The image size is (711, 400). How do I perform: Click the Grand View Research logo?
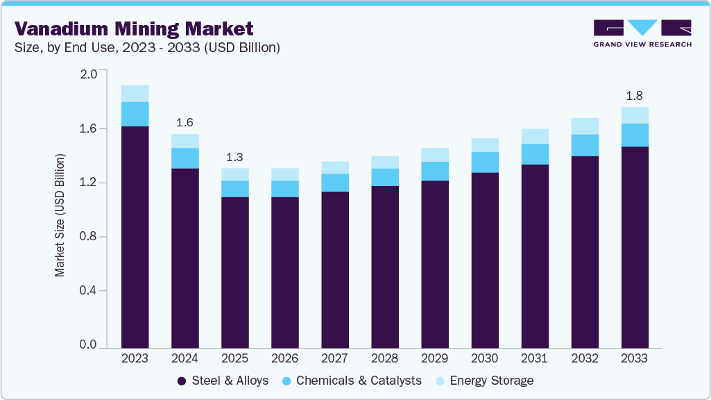coord(642,33)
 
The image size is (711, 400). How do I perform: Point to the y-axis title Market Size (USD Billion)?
coord(60,215)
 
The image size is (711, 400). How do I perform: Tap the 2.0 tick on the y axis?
coord(89,74)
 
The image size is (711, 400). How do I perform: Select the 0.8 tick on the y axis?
coord(89,237)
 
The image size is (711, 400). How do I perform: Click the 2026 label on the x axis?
coord(285,358)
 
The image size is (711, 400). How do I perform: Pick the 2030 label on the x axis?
coord(485,358)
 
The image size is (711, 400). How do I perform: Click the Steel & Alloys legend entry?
coord(223,381)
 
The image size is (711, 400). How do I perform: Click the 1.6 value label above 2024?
coord(185,122)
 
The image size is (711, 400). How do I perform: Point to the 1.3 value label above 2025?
coord(234,156)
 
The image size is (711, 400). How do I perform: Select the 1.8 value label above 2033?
coord(635,95)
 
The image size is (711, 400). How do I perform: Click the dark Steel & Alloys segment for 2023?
coord(135,236)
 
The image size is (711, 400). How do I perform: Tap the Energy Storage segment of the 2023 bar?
coord(135,94)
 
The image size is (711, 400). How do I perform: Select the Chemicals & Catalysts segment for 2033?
coord(635,135)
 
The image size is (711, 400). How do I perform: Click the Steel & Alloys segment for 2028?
coord(385,267)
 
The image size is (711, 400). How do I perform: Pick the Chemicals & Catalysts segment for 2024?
coord(185,158)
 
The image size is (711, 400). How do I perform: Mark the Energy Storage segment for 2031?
coord(535,136)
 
